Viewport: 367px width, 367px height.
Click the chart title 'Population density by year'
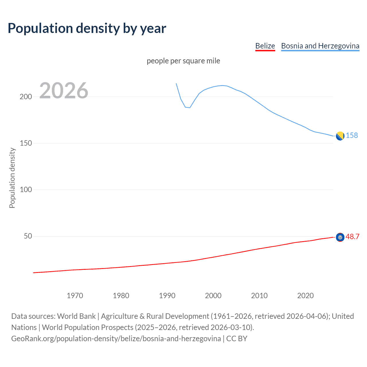pos(87,28)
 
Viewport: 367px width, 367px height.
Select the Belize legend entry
pos(265,46)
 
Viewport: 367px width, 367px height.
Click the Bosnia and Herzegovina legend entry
pos(320,46)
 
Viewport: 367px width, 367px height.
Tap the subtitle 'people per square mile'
pos(183,61)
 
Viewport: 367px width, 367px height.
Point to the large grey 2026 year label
pos(64,91)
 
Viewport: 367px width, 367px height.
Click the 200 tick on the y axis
pos(26,97)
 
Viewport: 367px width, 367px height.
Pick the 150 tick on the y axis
pos(26,143)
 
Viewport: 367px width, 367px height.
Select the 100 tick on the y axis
pos(26,190)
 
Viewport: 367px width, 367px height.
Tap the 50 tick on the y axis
pos(28,236)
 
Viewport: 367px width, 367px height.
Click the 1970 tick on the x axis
pos(75,296)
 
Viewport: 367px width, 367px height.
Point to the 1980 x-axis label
pos(121,296)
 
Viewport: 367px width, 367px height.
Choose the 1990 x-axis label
pos(167,296)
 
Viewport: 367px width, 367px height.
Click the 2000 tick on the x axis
pos(213,296)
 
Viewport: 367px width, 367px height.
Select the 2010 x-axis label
pos(259,296)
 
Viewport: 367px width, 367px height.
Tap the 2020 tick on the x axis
pos(305,296)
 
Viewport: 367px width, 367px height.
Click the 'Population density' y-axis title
pos(12,178)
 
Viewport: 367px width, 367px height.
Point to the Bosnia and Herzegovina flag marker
pos(340,136)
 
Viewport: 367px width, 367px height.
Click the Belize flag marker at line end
pos(340,237)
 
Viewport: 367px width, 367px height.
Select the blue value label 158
pos(352,135)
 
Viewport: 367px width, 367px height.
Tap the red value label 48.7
pos(352,237)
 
